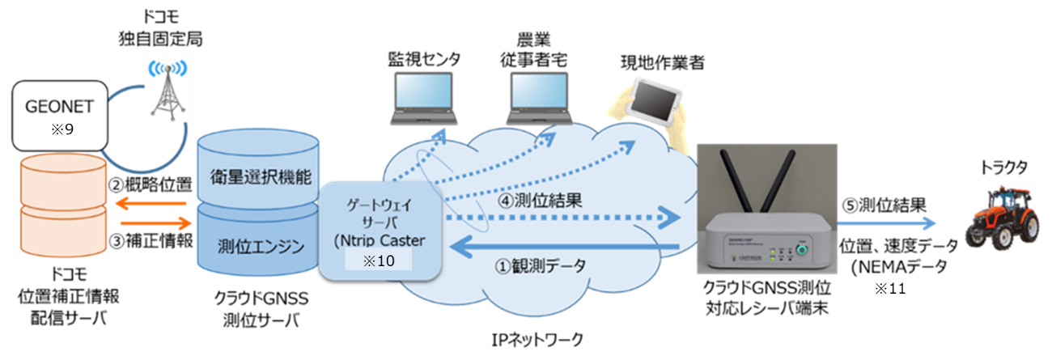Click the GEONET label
61,106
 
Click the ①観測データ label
544,266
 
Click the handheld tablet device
658,99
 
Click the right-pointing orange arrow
153,221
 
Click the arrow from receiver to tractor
886,222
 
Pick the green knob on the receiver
802,251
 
